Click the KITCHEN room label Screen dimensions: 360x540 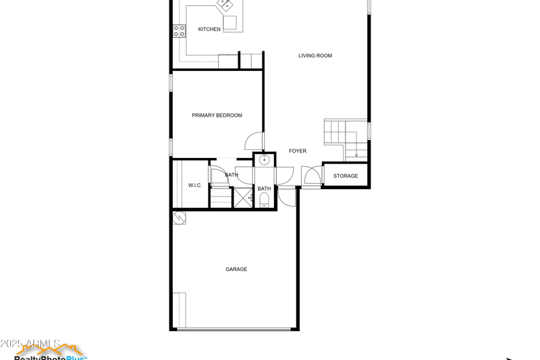(209, 29)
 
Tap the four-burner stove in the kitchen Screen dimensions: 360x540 (179, 30)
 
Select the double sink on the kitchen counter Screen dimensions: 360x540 (225, 5)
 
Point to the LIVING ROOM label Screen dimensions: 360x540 (315, 55)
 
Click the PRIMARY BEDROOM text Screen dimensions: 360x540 (217, 115)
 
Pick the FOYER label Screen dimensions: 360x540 (298, 151)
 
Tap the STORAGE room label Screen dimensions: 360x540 (346, 176)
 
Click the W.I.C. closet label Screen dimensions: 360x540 (195, 185)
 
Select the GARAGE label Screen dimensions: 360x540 (236, 269)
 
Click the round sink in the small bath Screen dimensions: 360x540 (265, 160)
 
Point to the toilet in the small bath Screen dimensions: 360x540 (265, 200)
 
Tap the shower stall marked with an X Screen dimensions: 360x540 (242, 198)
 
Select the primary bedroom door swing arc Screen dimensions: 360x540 (254, 140)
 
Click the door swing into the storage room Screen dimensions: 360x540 (312, 176)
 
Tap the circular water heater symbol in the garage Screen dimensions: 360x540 (180, 217)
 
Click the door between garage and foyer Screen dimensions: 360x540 (287, 197)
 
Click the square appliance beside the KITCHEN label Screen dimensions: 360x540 (231, 23)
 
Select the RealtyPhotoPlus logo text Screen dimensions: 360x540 (51, 357)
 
